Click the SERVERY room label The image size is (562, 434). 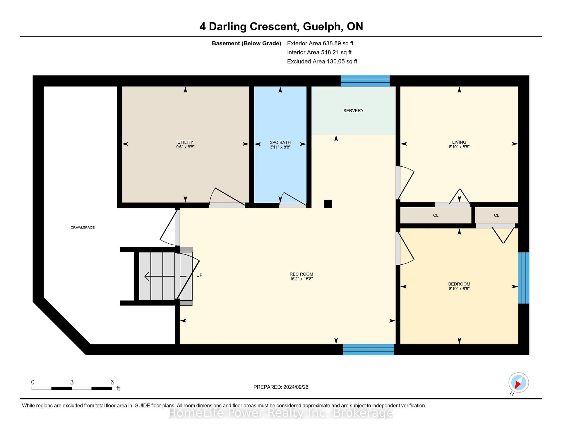(353, 111)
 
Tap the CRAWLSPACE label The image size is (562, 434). (83, 228)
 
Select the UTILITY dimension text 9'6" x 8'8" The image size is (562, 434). (185, 147)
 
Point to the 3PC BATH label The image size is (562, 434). (280, 142)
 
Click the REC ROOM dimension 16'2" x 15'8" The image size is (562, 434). (301, 279)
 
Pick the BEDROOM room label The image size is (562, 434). (459, 284)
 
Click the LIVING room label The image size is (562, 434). (459, 142)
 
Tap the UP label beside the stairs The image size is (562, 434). (199, 275)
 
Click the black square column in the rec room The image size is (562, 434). (328, 204)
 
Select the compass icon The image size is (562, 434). (518, 383)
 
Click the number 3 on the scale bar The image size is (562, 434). (72, 382)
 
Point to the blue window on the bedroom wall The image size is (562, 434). (524, 278)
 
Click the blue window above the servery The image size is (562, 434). (365, 81)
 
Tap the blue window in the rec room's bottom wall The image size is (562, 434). (369, 350)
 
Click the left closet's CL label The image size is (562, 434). (436, 216)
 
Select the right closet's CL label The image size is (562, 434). (496, 216)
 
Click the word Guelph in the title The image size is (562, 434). (323, 27)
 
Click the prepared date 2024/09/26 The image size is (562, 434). (296, 387)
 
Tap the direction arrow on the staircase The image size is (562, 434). (165, 276)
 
